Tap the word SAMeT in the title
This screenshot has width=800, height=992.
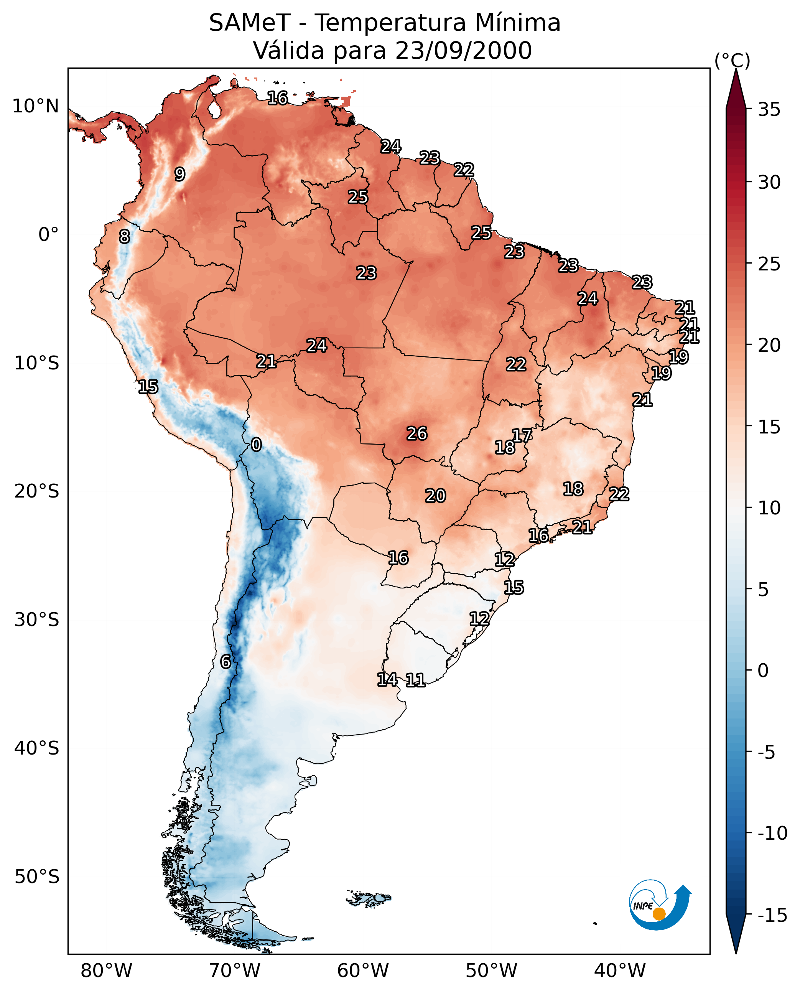pos(249,23)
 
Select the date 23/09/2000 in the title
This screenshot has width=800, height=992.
pos(463,51)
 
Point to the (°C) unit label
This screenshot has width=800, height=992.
pos(732,60)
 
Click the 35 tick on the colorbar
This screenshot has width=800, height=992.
pos(769,110)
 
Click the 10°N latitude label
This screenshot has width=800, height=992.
pos(36,107)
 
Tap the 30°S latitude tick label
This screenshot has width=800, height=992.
pos(37,620)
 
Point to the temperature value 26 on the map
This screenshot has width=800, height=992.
pos(416,434)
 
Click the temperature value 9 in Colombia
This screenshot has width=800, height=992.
pos(180,174)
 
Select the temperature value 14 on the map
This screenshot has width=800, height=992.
pos(387,679)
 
